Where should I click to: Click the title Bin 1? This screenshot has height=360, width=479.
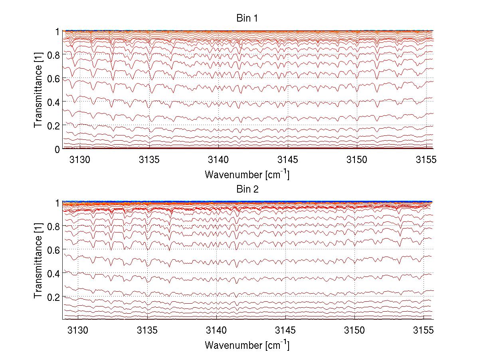[x=247, y=18]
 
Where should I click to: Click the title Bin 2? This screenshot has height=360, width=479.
[x=247, y=189]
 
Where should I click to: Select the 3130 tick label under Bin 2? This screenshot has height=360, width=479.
[x=78, y=331]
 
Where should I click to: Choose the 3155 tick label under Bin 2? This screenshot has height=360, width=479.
[x=424, y=331]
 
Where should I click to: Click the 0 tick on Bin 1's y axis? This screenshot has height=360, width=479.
[x=57, y=149]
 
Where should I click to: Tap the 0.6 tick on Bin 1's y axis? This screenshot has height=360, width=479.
[x=53, y=78]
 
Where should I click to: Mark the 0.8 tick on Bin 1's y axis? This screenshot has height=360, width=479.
[x=53, y=55]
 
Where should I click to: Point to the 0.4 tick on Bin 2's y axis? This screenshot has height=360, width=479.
[x=53, y=273]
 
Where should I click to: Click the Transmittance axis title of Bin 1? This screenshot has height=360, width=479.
[x=38, y=90]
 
